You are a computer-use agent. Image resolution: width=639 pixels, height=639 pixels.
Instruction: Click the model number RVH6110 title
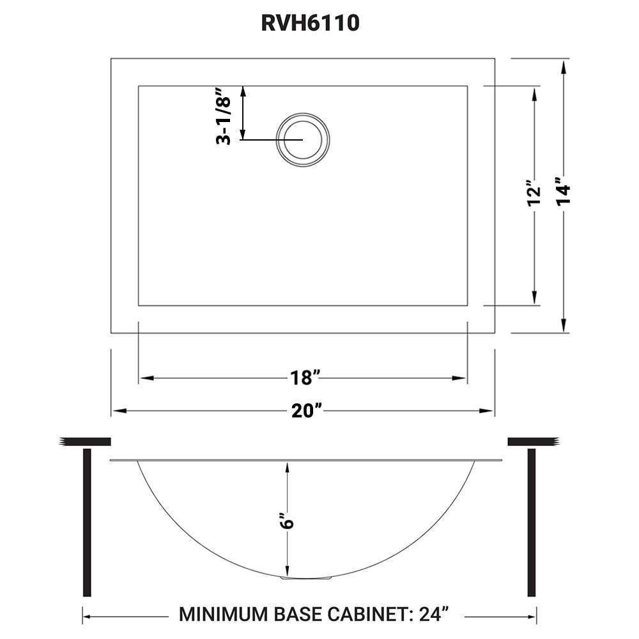(311, 24)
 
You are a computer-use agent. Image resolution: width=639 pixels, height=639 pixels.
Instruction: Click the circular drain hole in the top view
(302, 139)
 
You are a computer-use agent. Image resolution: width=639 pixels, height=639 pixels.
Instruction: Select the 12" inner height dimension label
(534, 196)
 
